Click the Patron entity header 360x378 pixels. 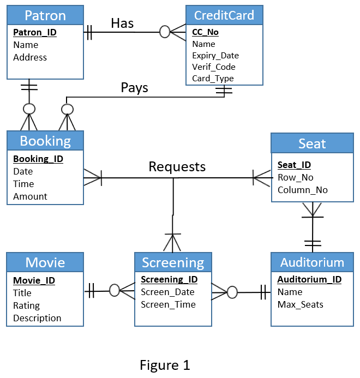45,15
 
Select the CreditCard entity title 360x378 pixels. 224,15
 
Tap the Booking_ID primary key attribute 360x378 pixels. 38,159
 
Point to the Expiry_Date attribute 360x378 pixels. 215,56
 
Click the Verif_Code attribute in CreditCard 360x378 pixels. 214,67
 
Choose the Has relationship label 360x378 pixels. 122,23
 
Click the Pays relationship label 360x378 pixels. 134,88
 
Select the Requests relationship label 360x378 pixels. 177,166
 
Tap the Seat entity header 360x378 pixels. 312,143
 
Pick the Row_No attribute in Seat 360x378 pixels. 295,178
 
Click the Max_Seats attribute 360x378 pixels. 300,304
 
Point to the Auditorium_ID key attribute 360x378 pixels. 309,280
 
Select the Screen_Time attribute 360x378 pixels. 168,305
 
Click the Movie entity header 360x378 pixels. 45,262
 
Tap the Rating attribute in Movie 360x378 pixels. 26,306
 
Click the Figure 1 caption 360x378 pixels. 165,365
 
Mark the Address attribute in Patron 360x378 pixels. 30,57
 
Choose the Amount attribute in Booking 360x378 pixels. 30,196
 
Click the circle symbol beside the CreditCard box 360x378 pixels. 165,32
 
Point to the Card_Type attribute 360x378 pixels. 213,79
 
